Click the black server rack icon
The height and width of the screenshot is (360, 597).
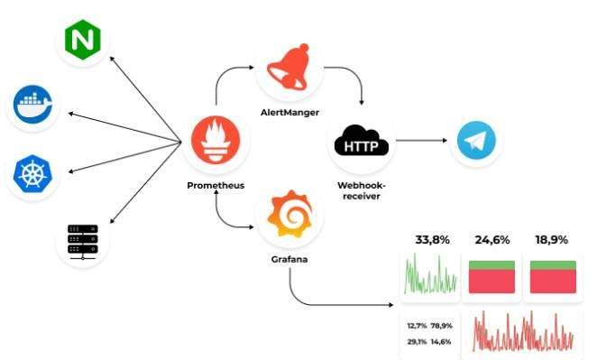pyautogui.click(x=82, y=240)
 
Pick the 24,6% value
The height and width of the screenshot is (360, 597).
pyautogui.click(x=492, y=240)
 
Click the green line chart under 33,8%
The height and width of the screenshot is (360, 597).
pyautogui.click(x=431, y=275)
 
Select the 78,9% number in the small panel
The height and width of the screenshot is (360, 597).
pyautogui.click(x=442, y=326)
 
